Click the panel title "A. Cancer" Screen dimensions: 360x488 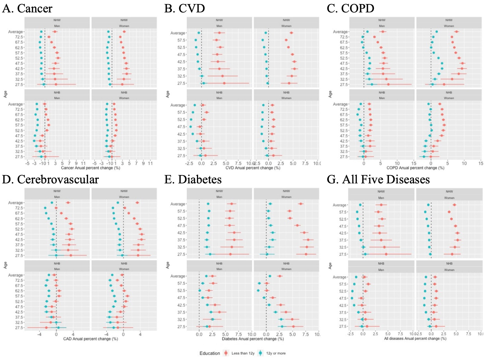tap(27, 8)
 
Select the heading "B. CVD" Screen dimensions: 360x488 tap(185, 8)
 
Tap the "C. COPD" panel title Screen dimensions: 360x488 tap(350, 8)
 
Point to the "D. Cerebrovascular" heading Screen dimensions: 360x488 tap(50, 179)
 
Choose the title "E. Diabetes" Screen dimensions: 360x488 tap(193, 179)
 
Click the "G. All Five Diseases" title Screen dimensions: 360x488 tap(378, 179)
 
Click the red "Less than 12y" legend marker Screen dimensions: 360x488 tap(226, 353)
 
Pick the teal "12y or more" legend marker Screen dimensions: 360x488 tap(261, 353)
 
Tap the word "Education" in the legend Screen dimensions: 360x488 tap(210, 353)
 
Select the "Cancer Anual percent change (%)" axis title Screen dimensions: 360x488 tap(90, 168)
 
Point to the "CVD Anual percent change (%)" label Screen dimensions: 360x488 tap(253, 168)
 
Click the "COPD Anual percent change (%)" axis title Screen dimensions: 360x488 tap(415, 168)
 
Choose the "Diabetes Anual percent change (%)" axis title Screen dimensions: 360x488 tap(253, 339)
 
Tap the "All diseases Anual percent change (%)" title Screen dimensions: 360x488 tap(415, 339)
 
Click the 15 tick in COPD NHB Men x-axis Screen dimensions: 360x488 tap(413, 163)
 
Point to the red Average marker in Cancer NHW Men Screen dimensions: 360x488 tap(55, 32)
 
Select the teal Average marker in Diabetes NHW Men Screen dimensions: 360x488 tap(208, 204)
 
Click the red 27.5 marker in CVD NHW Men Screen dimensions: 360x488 tap(224, 83)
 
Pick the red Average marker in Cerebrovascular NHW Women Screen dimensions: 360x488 tap(137, 203)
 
